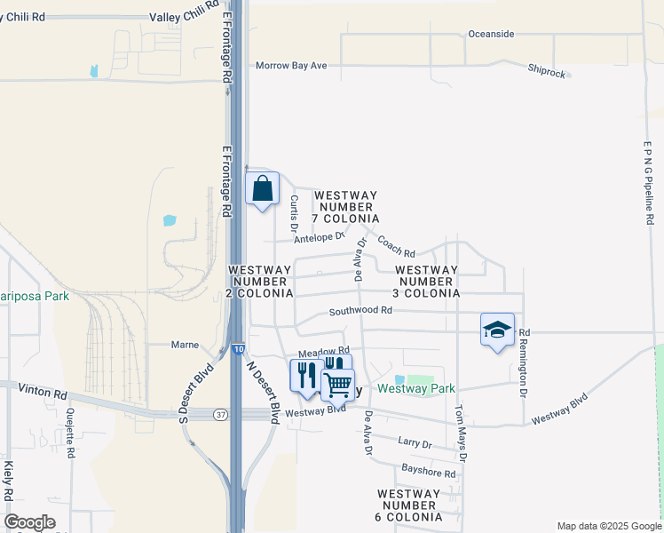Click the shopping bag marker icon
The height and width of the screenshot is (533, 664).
[262, 189]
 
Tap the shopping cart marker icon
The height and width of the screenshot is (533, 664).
[337, 385]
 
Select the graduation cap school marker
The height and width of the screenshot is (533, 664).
[497, 330]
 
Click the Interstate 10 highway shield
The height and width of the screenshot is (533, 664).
[239, 350]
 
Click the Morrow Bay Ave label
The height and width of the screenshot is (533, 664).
[291, 66]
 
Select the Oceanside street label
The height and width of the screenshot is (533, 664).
[491, 34]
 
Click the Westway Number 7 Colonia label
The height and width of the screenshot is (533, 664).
[346, 207]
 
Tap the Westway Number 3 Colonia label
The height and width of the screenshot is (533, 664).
[427, 281]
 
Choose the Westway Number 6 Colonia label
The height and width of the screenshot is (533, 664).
[409, 505]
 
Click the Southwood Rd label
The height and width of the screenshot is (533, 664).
[360, 311]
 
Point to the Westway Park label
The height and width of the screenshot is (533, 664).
[416, 388]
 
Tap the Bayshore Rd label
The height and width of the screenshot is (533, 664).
[428, 473]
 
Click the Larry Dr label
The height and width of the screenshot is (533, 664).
[415, 443]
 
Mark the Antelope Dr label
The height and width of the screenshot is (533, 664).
[319, 237]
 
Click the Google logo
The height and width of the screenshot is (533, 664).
[29, 522]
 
